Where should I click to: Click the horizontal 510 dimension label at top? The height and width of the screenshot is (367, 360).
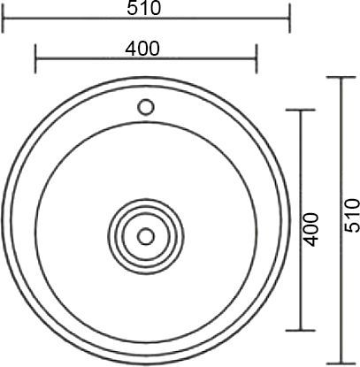[x=143, y=8]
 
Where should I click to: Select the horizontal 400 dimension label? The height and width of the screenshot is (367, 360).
[x=143, y=50]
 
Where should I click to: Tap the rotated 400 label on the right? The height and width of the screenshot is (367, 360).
[x=310, y=229]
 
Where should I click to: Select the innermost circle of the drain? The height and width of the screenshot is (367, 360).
[x=146, y=236]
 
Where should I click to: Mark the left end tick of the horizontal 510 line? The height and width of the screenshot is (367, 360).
[x=3, y=18]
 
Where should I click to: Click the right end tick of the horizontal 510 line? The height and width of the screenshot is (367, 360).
[x=289, y=18]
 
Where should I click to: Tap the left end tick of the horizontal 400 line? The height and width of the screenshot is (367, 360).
[x=34, y=60]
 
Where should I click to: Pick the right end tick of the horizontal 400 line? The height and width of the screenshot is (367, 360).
[x=257, y=60]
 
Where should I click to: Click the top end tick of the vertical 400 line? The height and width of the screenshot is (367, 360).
[x=303, y=111]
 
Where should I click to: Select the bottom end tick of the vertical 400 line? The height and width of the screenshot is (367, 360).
[x=303, y=330]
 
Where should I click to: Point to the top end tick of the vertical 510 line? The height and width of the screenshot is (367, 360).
[x=341, y=78]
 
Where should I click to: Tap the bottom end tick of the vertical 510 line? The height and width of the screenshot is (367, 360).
[x=341, y=363]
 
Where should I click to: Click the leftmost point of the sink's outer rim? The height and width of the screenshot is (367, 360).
[x=4, y=220]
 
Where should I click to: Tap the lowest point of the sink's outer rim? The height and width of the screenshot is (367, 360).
[x=146, y=363]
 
